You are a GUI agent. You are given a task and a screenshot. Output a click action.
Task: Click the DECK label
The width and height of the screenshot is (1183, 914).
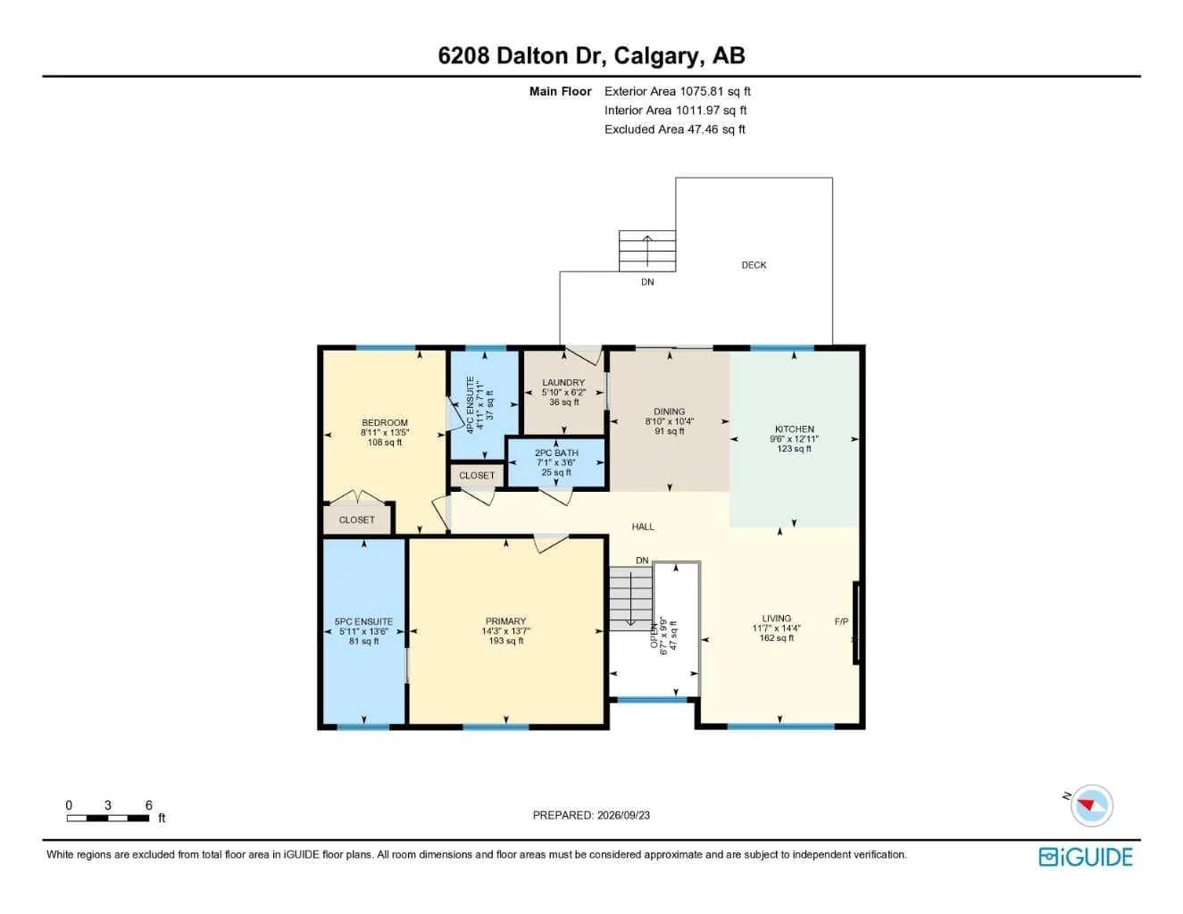click(x=754, y=265)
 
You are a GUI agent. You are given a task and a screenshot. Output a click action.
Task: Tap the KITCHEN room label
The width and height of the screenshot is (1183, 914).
click(x=795, y=429)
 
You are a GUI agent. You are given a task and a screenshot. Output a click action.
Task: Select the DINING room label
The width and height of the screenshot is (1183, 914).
click(x=669, y=411)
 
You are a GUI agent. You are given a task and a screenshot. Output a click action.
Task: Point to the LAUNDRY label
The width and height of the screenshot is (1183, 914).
click(x=563, y=382)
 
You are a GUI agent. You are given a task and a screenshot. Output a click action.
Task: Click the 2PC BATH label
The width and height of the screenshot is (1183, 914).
click(x=556, y=453)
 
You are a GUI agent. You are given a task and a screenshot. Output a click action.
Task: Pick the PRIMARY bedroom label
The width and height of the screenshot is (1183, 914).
click(x=505, y=620)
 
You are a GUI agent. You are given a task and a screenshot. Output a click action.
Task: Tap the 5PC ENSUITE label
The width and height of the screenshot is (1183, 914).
click(x=363, y=621)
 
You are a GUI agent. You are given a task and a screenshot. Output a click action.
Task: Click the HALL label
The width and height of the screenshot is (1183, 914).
click(x=643, y=527)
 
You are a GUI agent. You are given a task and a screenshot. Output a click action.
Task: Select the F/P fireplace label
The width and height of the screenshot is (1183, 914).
click(x=841, y=621)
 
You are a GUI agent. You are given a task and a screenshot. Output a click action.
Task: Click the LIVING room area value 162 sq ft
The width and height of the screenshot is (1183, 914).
click(x=777, y=637)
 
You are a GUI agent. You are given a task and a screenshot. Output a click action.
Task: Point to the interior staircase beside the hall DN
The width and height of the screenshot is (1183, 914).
click(x=630, y=598)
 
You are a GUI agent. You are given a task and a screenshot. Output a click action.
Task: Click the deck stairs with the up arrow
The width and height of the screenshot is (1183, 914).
click(x=647, y=251)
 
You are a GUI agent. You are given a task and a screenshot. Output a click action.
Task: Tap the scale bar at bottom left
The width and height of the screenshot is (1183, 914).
click(x=108, y=818)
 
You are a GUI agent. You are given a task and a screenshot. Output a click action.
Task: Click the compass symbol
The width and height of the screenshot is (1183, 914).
click(x=1092, y=806)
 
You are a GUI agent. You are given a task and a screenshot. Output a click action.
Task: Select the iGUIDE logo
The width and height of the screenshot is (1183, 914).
click(x=1086, y=857)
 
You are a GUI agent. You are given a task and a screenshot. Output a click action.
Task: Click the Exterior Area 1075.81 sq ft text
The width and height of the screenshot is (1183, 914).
click(x=678, y=91)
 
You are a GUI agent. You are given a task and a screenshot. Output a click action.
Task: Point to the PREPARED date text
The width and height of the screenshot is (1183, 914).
click(x=591, y=815)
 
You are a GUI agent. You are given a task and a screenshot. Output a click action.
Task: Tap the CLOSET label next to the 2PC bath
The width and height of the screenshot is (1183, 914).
click(x=477, y=476)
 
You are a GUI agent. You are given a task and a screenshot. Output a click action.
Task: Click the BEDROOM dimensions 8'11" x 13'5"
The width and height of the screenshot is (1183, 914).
click(x=384, y=433)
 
